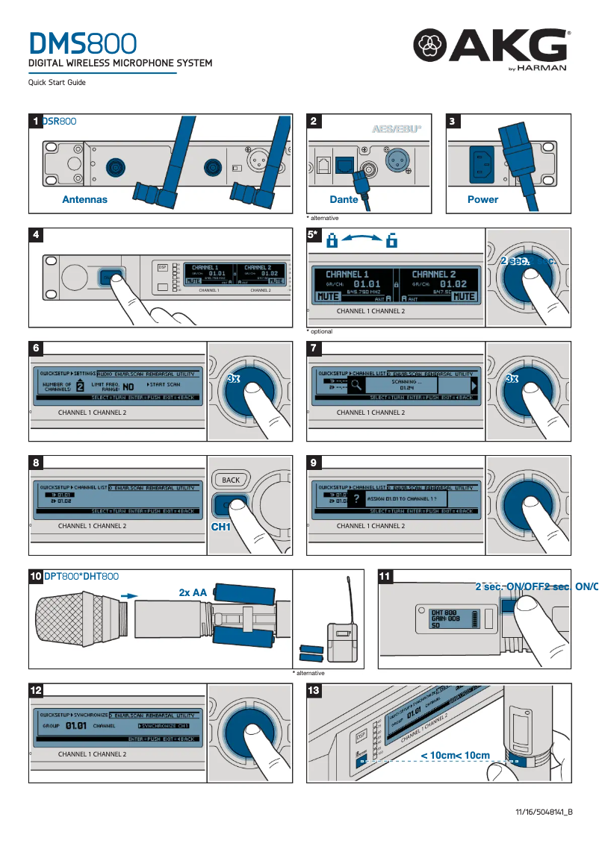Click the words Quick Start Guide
[57, 83]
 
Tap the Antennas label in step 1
[84, 199]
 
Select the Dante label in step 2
[344, 199]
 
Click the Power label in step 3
[482, 199]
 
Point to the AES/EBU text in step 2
[397, 129]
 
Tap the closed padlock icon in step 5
[333, 241]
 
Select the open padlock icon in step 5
[391, 241]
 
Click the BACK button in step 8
[231, 480]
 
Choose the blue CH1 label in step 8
[222, 527]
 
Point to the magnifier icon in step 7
[356, 385]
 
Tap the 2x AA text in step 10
[193, 592]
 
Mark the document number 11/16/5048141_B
[543, 812]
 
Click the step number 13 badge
[314, 690]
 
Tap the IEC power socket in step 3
[482, 163]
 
